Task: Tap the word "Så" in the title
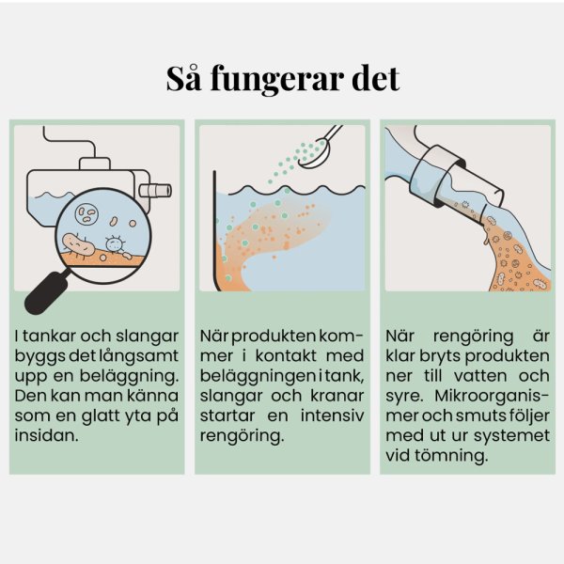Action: click(183, 78)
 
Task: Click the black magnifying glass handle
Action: click(46, 292)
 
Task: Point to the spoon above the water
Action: click(321, 147)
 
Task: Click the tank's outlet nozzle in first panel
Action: click(155, 190)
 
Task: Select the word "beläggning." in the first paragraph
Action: click(129, 377)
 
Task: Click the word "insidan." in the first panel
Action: click(46, 435)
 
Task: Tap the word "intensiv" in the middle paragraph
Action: click(333, 415)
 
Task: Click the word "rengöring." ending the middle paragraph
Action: click(243, 437)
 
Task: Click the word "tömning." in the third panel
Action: click(451, 456)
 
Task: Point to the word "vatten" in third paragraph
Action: click(480, 377)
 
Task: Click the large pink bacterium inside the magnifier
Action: click(79, 244)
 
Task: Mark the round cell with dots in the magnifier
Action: click(86, 213)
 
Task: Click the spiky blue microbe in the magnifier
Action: click(115, 243)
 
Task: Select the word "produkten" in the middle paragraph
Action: click(274, 337)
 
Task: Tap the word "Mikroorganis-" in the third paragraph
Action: click(492, 397)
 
